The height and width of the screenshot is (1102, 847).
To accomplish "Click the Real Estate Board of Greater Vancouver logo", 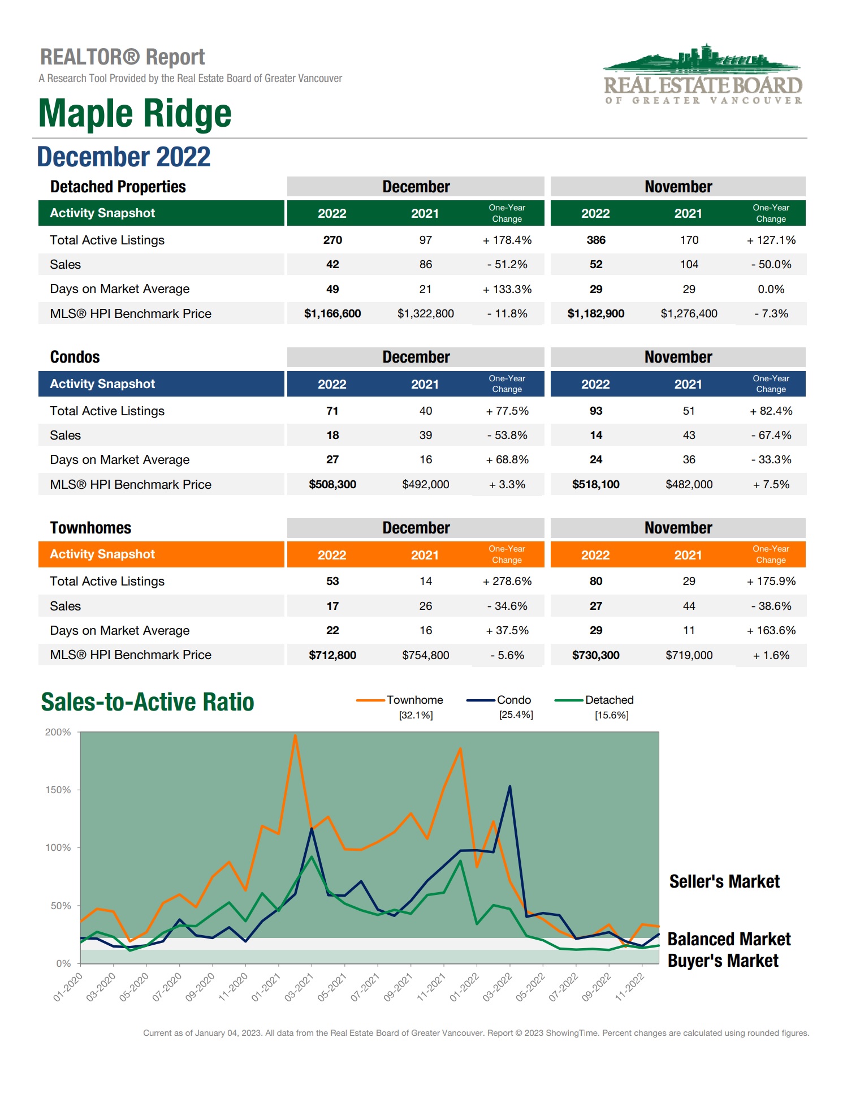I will (703, 75).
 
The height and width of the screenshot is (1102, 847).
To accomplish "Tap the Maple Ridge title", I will (135, 113).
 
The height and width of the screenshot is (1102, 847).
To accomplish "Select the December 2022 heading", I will (124, 157).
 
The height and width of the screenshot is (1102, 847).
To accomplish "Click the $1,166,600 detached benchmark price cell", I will (332, 313).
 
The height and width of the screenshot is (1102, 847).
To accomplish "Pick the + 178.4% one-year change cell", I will (507, 240).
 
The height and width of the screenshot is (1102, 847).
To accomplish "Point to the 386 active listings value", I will (596, 240).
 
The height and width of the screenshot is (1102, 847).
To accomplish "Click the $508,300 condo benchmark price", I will (332, 484).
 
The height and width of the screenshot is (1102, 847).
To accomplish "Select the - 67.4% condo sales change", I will (771, 435).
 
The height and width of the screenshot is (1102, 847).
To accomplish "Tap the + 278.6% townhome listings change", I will (507, 581).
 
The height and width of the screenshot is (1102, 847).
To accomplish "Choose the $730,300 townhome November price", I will (596, 655).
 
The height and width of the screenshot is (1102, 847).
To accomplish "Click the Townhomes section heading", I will (90, 528).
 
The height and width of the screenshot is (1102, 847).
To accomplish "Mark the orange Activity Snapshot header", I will (102, 554).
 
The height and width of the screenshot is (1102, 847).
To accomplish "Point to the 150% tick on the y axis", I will (58, 790).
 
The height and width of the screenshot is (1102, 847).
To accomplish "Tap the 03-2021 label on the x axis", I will (299, 987).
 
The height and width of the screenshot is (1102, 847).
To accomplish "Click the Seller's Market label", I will (724, 881).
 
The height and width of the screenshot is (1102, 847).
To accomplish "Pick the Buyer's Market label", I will (723, 961).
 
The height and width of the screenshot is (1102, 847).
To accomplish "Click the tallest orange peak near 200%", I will (295, 736).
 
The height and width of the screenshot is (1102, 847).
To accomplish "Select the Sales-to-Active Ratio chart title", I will (148, 702).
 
